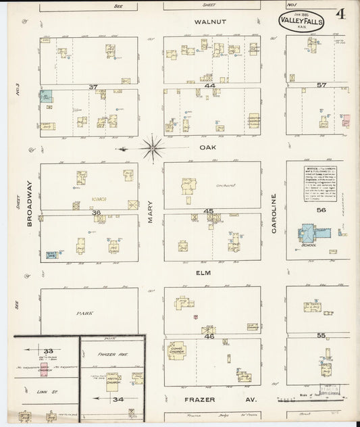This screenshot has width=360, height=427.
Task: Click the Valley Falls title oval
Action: (x=301, y=21)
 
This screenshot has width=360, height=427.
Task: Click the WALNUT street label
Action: (x=209, y=22)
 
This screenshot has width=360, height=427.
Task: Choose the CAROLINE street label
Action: (x=274, y=213)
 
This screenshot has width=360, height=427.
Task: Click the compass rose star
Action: (x=153, y=148)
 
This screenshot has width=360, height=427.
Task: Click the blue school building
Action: (x=311, y=235)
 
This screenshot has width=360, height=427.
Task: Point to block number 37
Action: (x=93, y=86)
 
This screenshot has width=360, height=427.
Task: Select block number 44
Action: (x=210, y=86)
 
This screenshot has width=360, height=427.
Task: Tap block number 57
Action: (x=322, y=85)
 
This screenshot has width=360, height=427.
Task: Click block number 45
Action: (x=209, y=211)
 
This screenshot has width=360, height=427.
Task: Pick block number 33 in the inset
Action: (x=47, y=351)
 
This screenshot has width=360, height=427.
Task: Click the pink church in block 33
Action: (x=44, y=370)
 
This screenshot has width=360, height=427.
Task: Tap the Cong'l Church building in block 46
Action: (x=177, y=350)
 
